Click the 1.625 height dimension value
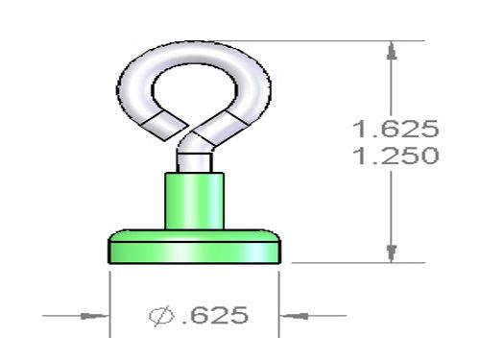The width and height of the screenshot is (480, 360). pyautogui.click(x=396, y=129)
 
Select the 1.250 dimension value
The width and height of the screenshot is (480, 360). pyautogui.click(x=396, y=156)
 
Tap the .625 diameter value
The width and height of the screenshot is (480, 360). pyautogui.click(x=215, y=315)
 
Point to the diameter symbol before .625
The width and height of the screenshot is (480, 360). pyautogui.click(x=161, y=316)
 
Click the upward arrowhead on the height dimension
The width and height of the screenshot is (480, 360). pyautogui.click(x=392, y=51)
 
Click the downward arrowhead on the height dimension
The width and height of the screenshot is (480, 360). pyautogui.click(x=392, y=253)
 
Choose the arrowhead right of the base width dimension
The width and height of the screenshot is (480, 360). pyautogui.click(x=294, y=316)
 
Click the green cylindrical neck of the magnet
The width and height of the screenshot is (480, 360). pyautogui.click(x=194, y=202)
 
